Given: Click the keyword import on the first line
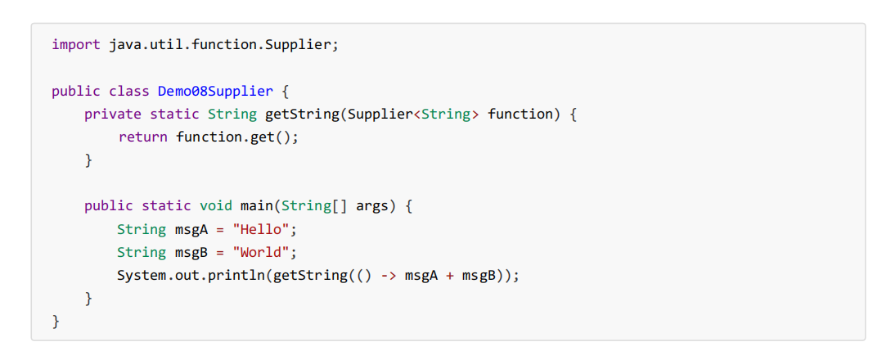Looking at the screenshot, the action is pos(76,44).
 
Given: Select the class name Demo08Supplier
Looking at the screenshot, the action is pos(215,91).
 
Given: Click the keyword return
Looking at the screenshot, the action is pos(143,137).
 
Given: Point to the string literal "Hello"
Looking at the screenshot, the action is pos(261,229).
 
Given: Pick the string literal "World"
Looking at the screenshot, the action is pos(261,252).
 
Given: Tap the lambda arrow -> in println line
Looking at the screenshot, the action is pos(389,275).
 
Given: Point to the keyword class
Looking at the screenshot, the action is pos(129,91).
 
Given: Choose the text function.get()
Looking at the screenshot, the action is pos(236,137).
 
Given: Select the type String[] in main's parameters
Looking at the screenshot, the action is pos(314,205).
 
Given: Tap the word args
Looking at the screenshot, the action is pos(371,205).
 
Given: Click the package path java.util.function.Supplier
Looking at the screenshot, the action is pos(219,44).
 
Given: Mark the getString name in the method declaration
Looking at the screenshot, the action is pos(302,114).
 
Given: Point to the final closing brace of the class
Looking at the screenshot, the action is pos(56,322).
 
